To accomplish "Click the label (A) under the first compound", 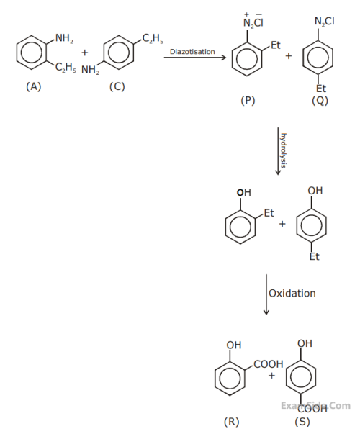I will click(33, 86).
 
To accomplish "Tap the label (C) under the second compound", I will click(117, 86).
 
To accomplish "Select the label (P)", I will click(248, 101).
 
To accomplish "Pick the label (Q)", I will click(320, 101).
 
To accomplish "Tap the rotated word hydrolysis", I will click(284, 150).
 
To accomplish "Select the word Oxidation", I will click(292, 294).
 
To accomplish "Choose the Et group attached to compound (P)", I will click(275, 46).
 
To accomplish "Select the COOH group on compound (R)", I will click(269, 364).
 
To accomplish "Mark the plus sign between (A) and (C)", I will click(84, 53).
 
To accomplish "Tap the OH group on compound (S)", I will click(305, 343).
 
